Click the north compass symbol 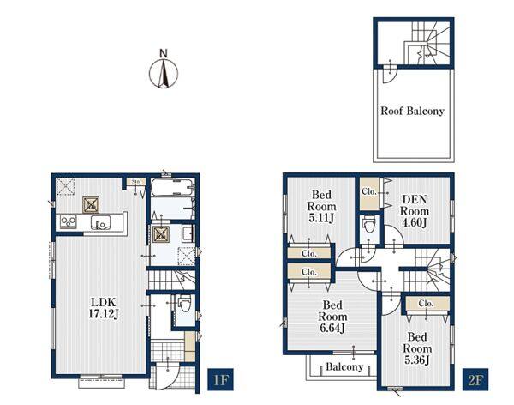pyautogui.click(x=164, y=70)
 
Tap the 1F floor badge pyautogui.click(x=220, y=379)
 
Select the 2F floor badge pyautogui.click(x=475, y=379)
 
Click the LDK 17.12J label pyautogui.click(x=104, y=308)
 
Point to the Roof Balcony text pyautogui.click(x=412, y=111)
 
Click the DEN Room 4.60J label pyautogui.click(x=415, y=211)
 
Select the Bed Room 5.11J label pyautogui.click(x=321, y=206)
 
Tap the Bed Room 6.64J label pyautogui.click(x=332, y=317)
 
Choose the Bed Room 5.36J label pyautogui.click(x=417, y=348)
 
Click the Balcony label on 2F pyautogui.click(x=344, y=366)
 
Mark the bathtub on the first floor pyautogui.click(x=173, y=187)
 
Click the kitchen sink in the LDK pyautogui.click(x=101, y=223)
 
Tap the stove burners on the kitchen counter pyautogui.click(x=69, y=221)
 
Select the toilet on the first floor pyautogui.click(x=185, y=304)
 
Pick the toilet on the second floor pyautogui.click(x=369, y=225)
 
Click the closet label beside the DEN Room pyautogui.click(x=369, y=191)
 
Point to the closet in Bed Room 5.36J pyautogui.click(x=426, y=304)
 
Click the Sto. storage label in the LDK pyautogui.click(x=136, y=181)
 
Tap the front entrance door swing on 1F pyautogui.click(x=166, y=378)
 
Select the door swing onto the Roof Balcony pyautogui.click(x=390, y=75)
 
